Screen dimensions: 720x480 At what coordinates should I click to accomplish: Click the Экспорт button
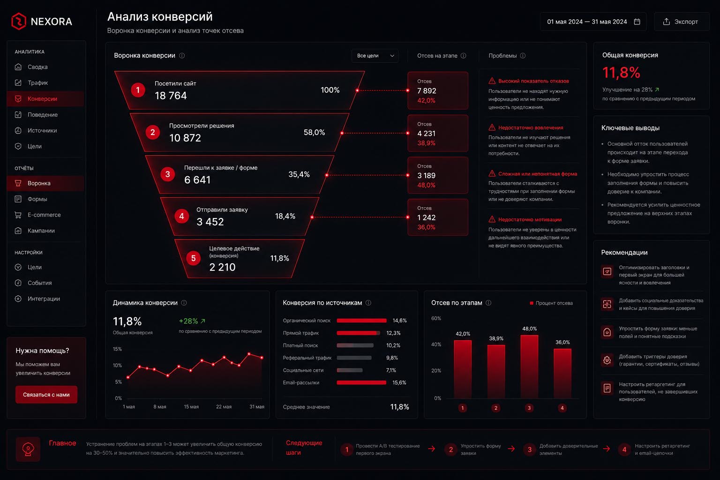pos(682,22)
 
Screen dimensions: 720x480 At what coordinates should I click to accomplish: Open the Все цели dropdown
pos(375,56)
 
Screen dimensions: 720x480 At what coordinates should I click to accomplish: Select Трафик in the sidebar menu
pos(37,82)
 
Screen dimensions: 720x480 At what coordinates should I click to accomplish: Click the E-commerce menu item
pos(44,215)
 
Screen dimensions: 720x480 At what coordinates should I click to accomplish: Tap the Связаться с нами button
pos(46,395)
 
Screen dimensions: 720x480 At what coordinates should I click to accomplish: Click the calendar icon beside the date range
pos(637,22)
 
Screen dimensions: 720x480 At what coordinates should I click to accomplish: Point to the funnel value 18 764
pos(171,96)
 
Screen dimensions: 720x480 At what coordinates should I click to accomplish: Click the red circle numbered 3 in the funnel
pos(167,174)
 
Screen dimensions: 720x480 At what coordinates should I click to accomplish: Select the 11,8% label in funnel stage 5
pos(280,258)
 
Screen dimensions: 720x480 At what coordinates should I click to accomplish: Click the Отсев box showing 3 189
pos(438,175)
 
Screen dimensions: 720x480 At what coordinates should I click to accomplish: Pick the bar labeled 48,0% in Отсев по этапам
pos(529,367)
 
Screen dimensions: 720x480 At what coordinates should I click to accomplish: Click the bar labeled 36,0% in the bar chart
pos(562,374)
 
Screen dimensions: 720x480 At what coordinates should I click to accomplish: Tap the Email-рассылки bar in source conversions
pos(361,382)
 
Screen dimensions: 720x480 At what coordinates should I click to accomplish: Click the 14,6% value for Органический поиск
pos(399,321)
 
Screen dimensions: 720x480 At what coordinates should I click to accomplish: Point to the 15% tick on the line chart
pos(117,349)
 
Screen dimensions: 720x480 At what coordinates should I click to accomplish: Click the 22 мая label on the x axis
pos(224,407)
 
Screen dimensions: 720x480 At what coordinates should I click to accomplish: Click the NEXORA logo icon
pos(19,21)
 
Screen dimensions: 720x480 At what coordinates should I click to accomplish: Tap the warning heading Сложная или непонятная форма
pos(538,174)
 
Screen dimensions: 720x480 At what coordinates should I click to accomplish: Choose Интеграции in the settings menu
pos(44,299)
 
